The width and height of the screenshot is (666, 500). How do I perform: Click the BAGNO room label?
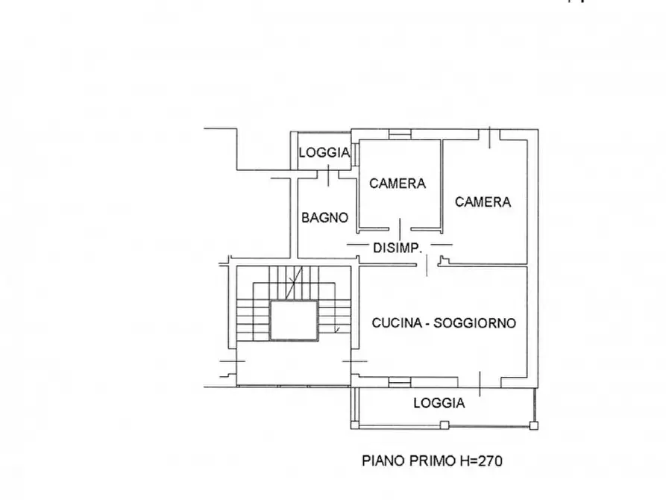click(325, 218)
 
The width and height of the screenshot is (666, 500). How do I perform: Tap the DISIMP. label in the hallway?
click(398, 248)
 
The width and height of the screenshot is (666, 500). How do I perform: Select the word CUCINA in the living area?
click(397, 322)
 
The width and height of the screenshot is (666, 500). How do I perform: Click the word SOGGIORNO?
click(474, 323)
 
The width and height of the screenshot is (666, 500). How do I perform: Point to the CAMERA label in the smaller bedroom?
click(398, 184)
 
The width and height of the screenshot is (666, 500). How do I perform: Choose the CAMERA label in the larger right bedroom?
click(483, 201)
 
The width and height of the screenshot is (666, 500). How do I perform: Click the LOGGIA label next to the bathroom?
click(324, 152)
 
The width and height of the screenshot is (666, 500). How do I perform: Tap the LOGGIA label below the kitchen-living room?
click(439, 403)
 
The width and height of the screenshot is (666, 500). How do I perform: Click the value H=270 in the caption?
click(481, 460)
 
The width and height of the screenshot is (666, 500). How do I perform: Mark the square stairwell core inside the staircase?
click(294, 320)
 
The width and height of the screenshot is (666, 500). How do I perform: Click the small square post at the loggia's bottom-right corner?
click(534, 425)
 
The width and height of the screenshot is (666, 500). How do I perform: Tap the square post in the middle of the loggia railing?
click(444, 425)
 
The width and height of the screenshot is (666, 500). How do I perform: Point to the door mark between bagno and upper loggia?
click(328, 175)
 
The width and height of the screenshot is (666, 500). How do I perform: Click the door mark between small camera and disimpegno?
click(400, 230)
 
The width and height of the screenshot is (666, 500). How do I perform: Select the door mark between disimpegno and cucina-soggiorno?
click(427, 266)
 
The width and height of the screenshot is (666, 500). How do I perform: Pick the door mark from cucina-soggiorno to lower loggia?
click(480, 384)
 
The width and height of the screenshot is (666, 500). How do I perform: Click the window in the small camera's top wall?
click(400, 134)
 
